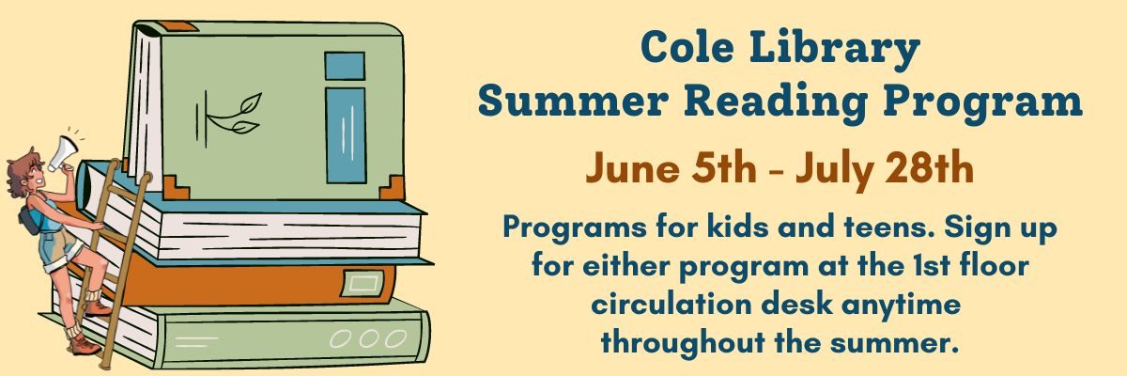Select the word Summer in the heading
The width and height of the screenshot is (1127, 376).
point(573,102)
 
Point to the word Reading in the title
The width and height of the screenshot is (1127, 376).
point(776,103)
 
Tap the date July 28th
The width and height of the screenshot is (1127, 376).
point(885,168)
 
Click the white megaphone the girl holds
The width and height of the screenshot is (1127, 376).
point(62,152)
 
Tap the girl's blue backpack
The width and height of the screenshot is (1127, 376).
point(30,220)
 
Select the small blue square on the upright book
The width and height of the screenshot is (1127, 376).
point(345,66)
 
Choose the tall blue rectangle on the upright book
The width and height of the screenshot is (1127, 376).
point(346,135)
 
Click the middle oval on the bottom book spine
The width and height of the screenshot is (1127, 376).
point(369,338)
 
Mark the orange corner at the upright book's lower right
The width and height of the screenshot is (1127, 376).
point(392,188)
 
